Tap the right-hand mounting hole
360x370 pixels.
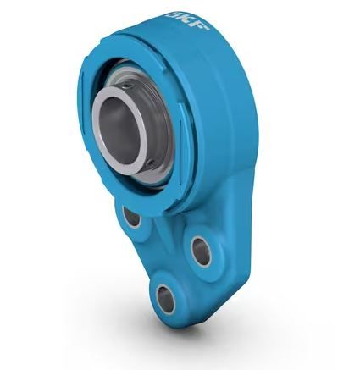point(201,250)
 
